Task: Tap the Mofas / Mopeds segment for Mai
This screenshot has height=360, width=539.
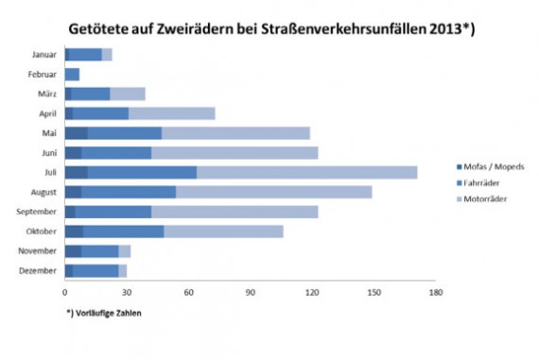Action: point(76,132)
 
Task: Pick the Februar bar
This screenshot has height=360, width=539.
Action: point(73,74)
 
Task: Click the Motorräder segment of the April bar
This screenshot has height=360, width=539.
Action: point(171,113)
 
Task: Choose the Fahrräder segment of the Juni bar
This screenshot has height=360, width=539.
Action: point(116,152)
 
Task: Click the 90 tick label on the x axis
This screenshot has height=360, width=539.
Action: point(250,293)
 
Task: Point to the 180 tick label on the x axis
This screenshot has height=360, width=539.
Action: point(435,293)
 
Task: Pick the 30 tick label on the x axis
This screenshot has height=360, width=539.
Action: point(126,293)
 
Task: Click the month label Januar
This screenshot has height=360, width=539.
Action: point(43,55)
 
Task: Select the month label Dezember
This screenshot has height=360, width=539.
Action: point(40,270)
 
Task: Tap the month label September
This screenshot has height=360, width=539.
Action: point(38,212)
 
